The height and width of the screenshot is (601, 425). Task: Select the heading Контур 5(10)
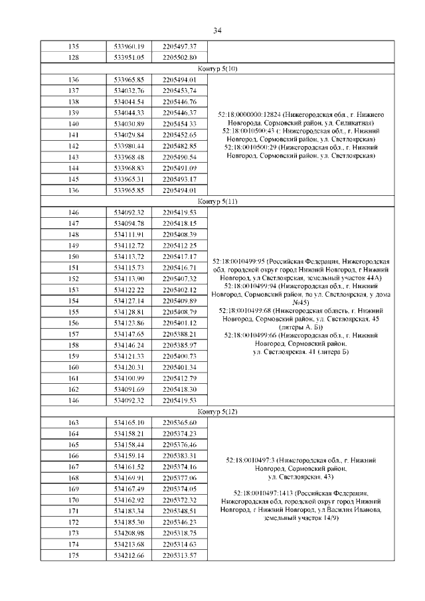(x=216, y=68)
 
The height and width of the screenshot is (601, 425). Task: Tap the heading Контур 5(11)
(x=216, y=201)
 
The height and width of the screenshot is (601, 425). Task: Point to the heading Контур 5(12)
(x=216, y=412)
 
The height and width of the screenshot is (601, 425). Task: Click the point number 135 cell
(x=74, y=46)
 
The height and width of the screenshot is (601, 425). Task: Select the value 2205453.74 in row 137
(x=179, y=90)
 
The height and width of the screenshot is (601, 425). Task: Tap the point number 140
(x=74, y=124)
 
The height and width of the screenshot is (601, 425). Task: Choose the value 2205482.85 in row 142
(x=179, y=145)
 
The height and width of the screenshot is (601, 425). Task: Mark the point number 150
(x=74, y=256)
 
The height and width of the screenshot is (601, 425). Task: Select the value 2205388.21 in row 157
(x=179, y=334)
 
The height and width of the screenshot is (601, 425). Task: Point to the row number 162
(x=74, y=389)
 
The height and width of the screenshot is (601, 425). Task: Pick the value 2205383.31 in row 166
(x=179, y=456)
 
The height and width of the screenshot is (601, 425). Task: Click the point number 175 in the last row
(x=74, y=555)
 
